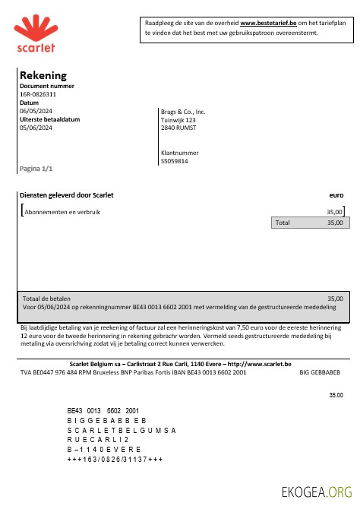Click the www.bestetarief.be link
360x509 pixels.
click(268, 24)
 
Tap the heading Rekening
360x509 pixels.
click(43, 75)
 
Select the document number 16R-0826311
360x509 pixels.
click(38, 95)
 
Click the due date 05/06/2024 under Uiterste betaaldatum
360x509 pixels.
click(36, 128)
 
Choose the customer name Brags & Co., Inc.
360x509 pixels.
click(183, 112)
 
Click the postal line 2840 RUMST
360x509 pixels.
click(178, 128)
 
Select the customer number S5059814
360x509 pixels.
click(175, 161)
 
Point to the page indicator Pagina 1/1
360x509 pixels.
click(36, 167)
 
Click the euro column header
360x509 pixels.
click(336, 195)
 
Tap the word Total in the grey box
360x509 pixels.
click(283, 223)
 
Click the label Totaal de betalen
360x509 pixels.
click(46, 299)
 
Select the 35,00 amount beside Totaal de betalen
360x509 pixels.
click(334, 299)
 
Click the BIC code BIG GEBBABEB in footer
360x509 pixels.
click(320, 373)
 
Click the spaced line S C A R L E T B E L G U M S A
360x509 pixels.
click(122, 430)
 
